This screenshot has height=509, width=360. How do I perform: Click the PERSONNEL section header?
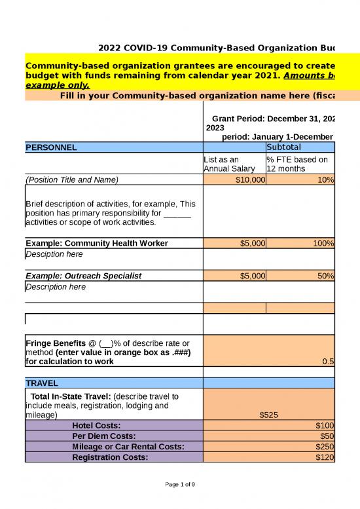click(51, 147)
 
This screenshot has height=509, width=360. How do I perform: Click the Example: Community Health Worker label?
click(96, 244)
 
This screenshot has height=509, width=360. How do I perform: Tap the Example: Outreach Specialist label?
click(83, 276)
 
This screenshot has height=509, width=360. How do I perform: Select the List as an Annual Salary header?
click(226, 164)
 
